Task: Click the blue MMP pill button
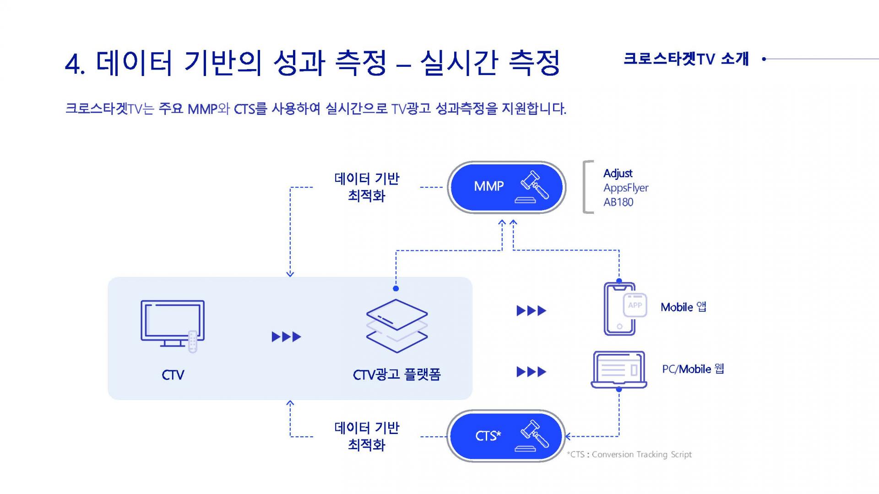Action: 506,187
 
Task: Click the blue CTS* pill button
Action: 506,436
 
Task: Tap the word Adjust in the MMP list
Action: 618,174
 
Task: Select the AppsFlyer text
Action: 626,188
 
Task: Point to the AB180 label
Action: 618,202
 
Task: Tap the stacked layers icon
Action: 396,326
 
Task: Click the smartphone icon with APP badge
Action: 625,309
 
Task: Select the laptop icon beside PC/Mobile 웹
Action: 619,370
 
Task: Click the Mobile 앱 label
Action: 683,307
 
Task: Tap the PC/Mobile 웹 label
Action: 693,369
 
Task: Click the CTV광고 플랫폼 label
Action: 396,375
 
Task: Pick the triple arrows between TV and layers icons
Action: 287,337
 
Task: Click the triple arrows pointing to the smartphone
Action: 532,311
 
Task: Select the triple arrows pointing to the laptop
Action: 532,372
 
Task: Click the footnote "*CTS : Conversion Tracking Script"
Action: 629,455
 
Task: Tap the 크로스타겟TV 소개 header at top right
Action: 686,59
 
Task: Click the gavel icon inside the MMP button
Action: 535,187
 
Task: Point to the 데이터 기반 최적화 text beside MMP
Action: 367,187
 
